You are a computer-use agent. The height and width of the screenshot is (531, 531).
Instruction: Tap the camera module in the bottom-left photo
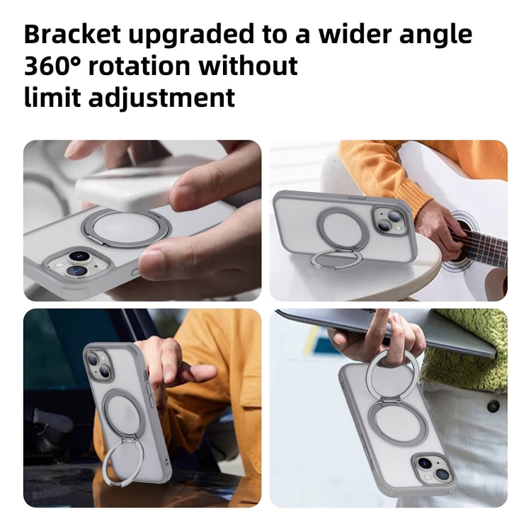pos(96,365)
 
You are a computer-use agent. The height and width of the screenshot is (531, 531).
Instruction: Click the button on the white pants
pos(493,406)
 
